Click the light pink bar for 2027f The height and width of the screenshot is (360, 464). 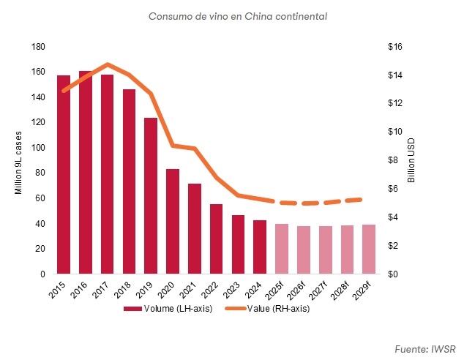(x=325, y=250)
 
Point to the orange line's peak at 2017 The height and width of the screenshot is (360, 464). (x=108, y=64)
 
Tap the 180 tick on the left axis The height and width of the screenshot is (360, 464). (x=38, y=47)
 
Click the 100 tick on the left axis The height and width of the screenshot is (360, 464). (x=38, y=148)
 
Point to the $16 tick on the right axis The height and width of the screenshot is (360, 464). (x=395, y=47)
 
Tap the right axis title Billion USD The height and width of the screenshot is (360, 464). (x=411, y=160)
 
